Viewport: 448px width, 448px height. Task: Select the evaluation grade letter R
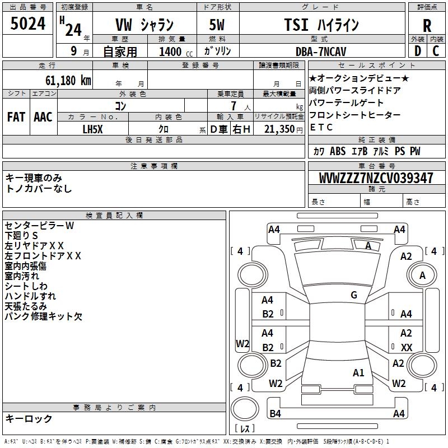[427, 26]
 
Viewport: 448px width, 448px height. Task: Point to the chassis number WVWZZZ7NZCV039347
[376, 178]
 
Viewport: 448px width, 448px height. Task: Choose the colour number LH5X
[93, 129]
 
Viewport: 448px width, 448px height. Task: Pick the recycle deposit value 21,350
[279, 129]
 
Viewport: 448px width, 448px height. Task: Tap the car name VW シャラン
[144, 25]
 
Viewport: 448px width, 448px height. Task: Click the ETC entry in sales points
[321, 127]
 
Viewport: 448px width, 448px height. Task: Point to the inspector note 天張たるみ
[26, 306]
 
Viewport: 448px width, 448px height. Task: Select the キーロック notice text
[29, 418]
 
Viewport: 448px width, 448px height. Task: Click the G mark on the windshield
[353, 295]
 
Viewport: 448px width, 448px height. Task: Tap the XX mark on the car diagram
[407, 348]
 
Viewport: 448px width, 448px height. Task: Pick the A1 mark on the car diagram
[358, 372]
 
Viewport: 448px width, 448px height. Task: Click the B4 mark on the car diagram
[275, 414]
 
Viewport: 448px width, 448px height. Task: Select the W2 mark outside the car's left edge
[242, 344]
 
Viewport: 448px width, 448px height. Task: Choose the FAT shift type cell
[16, 117]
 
